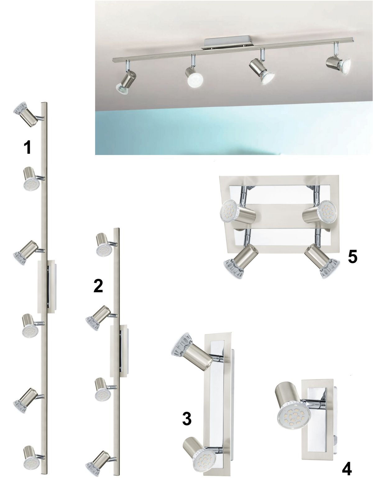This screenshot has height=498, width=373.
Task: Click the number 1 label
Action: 27,147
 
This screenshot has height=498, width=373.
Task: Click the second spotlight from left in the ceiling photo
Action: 194,76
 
